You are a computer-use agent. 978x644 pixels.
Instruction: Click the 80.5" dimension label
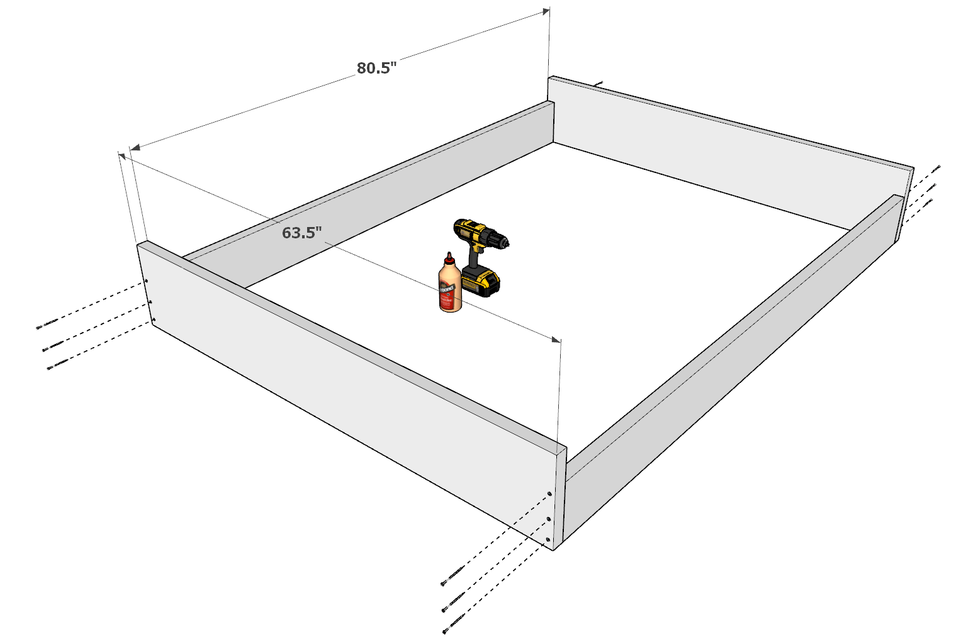[376, 68]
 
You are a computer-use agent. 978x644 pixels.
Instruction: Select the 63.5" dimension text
[301, 233]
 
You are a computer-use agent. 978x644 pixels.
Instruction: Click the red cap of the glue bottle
[449, 258]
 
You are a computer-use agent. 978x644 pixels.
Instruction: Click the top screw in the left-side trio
[47, 325]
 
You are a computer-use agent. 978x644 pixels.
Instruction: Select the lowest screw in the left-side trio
[57, 365]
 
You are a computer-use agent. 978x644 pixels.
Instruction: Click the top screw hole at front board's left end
[146, 281]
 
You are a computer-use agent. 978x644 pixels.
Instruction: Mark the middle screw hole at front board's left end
[150, 302]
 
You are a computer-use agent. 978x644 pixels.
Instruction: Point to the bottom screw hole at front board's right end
[548, 540]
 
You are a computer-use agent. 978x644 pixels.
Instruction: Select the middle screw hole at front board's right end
[549, 519]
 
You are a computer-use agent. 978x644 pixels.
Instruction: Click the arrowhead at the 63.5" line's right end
[556, 340]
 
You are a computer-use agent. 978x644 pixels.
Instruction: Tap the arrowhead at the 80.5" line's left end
[135, 148]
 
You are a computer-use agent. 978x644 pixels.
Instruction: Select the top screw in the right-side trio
[936, 168]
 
